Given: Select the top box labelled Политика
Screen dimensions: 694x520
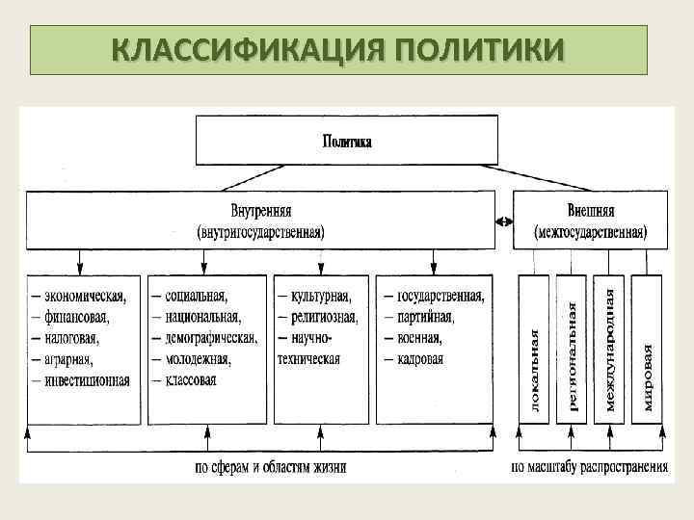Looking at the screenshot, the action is (347, 141).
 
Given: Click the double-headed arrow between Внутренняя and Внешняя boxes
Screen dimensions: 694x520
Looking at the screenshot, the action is (504, 221).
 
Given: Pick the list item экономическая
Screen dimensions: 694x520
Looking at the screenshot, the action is (85, 296).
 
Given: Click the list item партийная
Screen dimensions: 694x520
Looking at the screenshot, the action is (424, 317).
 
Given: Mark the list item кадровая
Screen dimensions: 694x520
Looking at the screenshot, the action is (419, 359).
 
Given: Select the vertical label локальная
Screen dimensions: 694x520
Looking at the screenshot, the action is (535, 371).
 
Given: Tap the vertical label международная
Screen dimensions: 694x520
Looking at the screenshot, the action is (608, 345).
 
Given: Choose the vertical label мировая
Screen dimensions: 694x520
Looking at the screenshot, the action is (648, 377).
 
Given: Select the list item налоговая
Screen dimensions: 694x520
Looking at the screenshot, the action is (71, 338).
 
